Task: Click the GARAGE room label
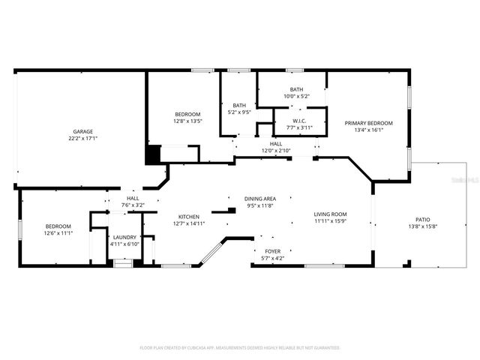coord(82,131)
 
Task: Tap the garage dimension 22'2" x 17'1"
coord(82,138)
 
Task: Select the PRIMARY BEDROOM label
coord(368,122)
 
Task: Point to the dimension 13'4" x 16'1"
coord(368,129)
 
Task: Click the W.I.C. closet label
coord(299,121)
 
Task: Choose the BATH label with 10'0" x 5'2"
coord(297,89)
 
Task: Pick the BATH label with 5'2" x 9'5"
coord(239,105)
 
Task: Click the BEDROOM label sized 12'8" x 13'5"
coord(187,114)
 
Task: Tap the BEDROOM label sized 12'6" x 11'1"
coord(58,226)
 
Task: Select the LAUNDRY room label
coord(124,237)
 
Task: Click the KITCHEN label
coord(189,216)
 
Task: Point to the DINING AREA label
coord(259,199)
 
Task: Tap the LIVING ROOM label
coord(331,215)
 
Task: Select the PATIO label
coord(423,219)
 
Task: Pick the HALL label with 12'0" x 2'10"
coord(276,143)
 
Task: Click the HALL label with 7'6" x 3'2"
coord(132,198)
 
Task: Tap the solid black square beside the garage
coord(152,154)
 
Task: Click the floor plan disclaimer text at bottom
coord(240,348)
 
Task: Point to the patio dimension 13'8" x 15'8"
coord(423,226)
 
